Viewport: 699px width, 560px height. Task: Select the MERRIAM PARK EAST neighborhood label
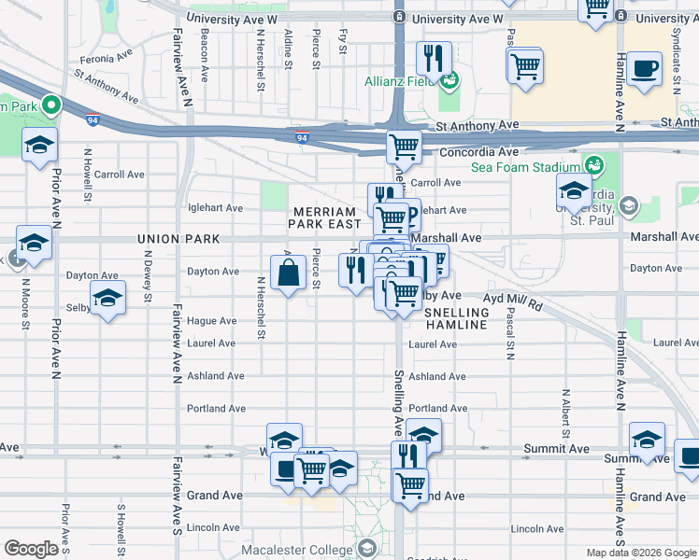[x=325, y=218]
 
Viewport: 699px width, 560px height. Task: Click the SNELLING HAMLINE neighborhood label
[x=457, y=318]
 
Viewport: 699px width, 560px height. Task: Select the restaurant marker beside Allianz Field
[x=433, y=59]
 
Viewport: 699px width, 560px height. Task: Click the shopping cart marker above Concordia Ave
[x=404, y=145]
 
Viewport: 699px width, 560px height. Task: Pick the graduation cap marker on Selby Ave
[x=108, y=300]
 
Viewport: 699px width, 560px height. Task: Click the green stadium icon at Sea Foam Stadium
[x=592, y=165]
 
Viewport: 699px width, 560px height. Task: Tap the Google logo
[x=32, y=549]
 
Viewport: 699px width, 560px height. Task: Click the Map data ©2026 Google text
[x=642, y=553]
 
